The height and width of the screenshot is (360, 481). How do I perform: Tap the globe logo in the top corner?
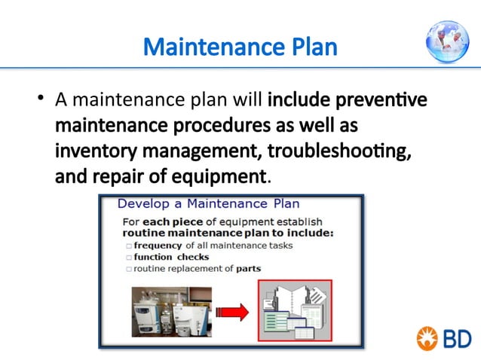pos(447,41)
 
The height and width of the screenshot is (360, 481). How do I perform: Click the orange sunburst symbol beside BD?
pos(427,338)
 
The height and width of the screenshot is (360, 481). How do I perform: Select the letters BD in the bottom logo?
pos(456,338)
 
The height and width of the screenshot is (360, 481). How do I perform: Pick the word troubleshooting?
pos(339,151)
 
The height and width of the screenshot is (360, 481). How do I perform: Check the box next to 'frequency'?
pos(129,246)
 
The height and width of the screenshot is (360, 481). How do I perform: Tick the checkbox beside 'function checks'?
pos(129,257)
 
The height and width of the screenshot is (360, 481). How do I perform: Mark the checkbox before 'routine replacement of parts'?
pos(129,268)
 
